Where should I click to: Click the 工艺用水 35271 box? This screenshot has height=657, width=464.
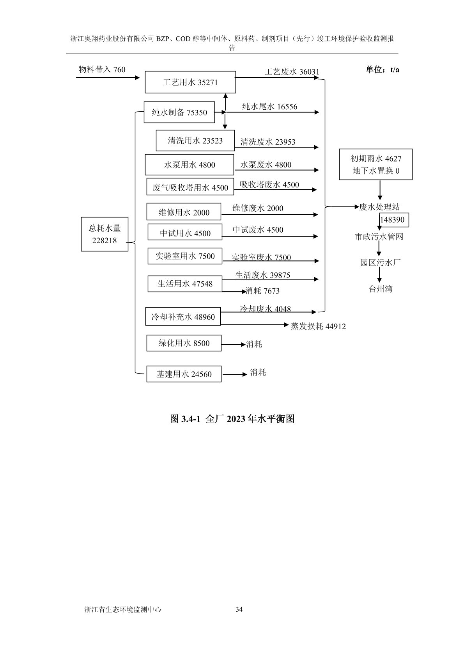coord(190,82)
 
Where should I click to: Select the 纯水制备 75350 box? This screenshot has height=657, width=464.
coord(179,112)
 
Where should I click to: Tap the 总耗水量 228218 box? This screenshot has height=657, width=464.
coord(104,234)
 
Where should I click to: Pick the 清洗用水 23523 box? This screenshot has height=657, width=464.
coord(195,141)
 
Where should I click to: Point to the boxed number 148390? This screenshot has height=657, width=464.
coord(392,220)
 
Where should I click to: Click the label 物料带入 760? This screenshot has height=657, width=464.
coord(102,69)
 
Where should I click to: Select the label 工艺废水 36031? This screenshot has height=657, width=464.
coord(292,71)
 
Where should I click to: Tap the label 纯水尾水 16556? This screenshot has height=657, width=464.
coord(269,107)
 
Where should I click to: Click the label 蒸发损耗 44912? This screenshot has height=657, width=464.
coord(318,326)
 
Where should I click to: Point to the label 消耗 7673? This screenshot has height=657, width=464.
coord(262,291)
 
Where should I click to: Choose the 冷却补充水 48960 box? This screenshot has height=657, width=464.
coord(183,317)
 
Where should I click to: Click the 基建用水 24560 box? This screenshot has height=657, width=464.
coord(184,374)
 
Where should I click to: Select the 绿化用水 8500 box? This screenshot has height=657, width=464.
coord(184,343)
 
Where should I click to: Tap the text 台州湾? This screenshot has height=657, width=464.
coord(381,289)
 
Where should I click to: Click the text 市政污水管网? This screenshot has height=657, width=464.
coord(379,237)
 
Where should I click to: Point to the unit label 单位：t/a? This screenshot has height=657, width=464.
coord(382,70)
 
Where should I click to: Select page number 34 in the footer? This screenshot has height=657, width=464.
coord(239,609)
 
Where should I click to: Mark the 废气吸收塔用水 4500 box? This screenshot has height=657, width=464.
coord(190,187)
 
